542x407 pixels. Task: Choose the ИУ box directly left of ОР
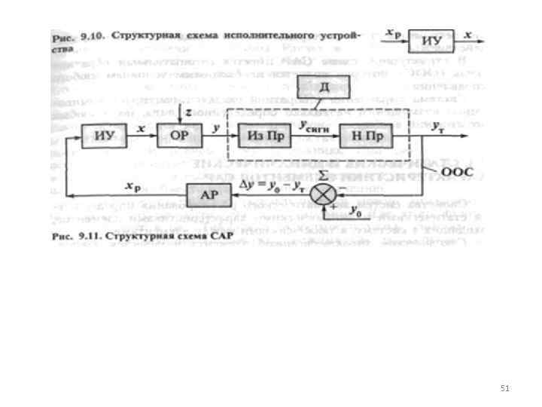pos(103,137)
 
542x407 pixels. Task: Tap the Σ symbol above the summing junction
pos(322,176)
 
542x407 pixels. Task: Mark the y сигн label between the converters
pos(313,128)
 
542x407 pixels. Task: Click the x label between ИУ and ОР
pos(142,129)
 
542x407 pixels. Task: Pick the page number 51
pos(505,388)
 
